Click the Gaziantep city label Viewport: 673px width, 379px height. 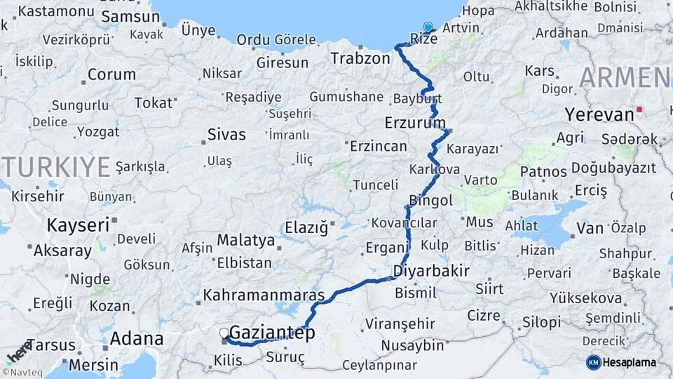click(272, 333)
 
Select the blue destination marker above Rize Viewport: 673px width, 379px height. click(428, 27)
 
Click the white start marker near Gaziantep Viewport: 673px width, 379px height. click(224, 333)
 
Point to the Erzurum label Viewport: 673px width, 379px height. click(415, 123)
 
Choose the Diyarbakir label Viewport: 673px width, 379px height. click(431, 271)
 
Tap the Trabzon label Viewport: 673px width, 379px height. click(360, 58)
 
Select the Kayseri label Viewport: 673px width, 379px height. click(78, 225)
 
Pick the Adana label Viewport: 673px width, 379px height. click(137, 340)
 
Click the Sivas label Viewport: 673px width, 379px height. click(226, 134)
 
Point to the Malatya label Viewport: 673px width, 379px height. click(245, 240)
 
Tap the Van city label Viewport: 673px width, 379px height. click(590, 227)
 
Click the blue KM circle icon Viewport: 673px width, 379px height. click(593, 362)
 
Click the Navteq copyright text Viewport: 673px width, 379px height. click(20, 372)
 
